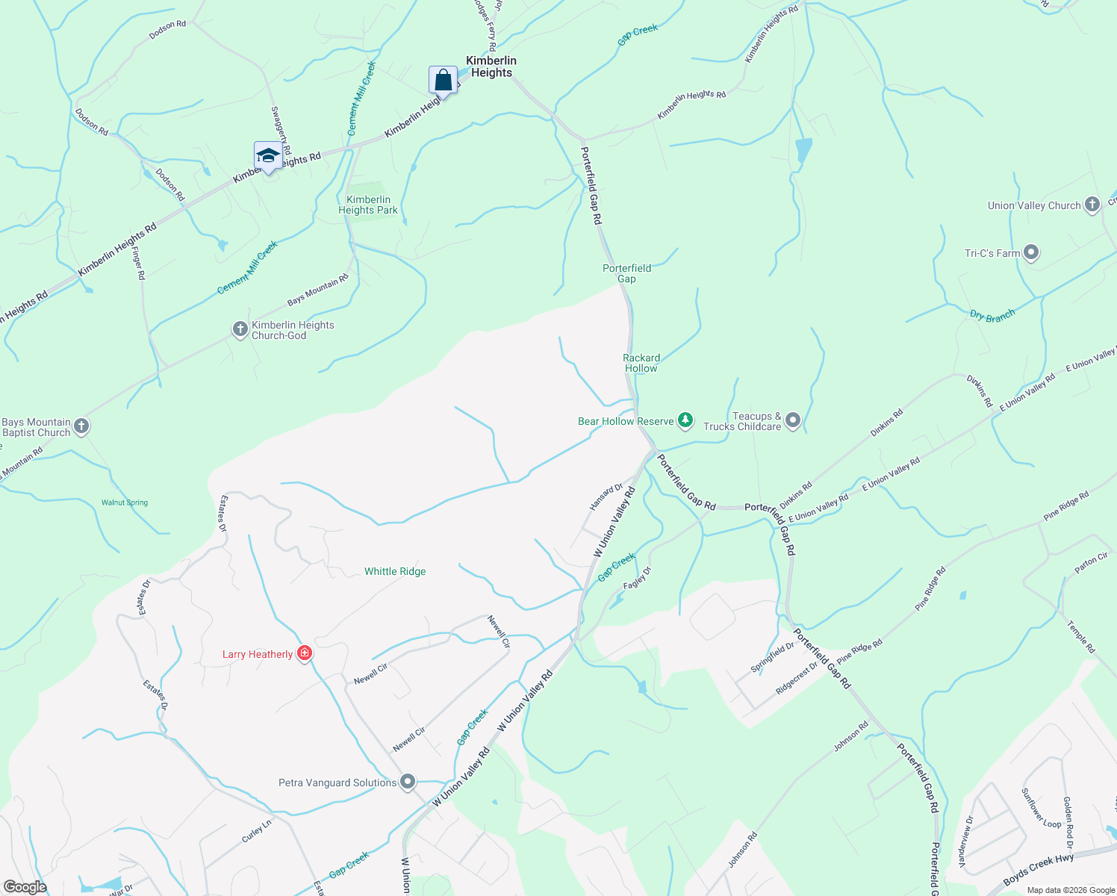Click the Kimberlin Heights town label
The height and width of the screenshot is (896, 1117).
491,66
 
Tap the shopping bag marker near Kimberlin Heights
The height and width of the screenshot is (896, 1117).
443,80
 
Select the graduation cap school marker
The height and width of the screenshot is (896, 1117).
267,156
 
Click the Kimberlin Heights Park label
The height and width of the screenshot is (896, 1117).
368,205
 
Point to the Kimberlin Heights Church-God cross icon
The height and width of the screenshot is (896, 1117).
240,329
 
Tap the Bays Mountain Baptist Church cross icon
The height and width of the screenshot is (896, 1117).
81,426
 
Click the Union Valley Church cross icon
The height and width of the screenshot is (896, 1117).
1092,205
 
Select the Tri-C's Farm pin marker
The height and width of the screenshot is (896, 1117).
1031,253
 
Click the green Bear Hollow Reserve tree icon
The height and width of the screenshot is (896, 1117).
685,421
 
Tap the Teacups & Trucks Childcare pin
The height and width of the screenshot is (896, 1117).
793,421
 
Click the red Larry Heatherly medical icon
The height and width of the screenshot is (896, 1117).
304,654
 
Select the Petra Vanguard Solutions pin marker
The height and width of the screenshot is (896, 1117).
408,782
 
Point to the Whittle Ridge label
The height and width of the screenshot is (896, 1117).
395,571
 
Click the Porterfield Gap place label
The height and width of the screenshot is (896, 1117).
627,273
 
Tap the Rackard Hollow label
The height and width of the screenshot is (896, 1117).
641,363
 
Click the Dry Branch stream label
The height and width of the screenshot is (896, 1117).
992,315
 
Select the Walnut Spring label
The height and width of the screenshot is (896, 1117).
125,503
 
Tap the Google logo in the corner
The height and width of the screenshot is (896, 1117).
25,887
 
